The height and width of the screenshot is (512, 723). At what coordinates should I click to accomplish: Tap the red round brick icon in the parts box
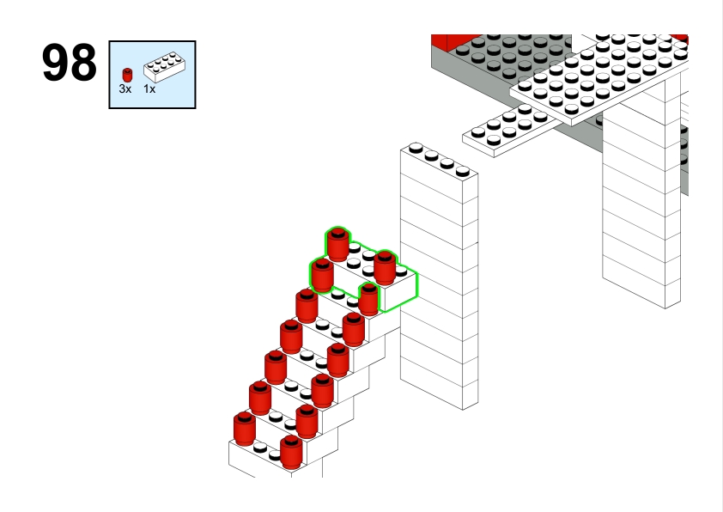pos(127,75)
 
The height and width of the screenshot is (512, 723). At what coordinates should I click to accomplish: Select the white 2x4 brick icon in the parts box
pos(165,67)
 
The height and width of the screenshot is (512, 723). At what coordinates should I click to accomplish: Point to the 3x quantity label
pos(125,89)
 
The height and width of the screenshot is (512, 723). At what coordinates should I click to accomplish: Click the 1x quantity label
pos(149,89)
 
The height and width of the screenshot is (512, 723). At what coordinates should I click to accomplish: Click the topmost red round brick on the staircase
pos(338,244)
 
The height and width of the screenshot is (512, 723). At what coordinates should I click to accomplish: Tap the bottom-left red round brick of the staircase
pos(245,429)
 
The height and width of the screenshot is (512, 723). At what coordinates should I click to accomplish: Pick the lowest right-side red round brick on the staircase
pos(291,452)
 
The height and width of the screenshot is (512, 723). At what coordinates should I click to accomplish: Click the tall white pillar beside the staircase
pos(439,276)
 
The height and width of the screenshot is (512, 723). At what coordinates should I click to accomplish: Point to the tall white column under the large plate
pos(641,208)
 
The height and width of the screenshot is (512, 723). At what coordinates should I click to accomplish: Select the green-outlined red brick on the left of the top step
pos(322,276)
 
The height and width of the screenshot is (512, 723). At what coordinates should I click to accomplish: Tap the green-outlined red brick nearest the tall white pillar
pos(385,267)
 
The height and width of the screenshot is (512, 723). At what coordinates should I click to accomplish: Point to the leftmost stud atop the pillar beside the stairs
pos(416,148)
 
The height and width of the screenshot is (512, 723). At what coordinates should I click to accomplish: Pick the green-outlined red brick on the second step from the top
pos(368,299)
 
